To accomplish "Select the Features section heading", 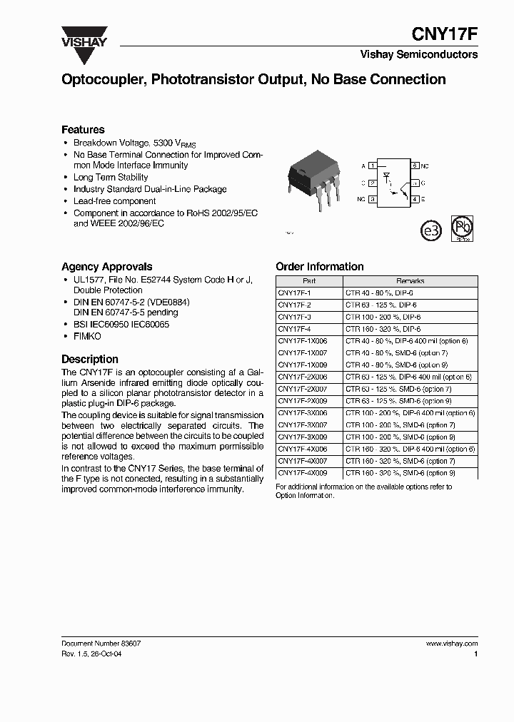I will (83, 129).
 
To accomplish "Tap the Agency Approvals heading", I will (106, 266).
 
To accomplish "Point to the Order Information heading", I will (319, 266).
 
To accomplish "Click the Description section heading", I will (89, 359).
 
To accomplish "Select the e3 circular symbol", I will (430, 232).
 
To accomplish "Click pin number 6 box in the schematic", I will (414, 166).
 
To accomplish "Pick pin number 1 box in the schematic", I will (372, 166).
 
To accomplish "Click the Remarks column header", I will (410, 281).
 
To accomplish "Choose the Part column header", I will (308, 281).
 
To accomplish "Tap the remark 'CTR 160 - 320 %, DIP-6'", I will (383, 329).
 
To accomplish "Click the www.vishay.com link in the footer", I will (451, 643).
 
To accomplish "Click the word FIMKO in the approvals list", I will (87, 336).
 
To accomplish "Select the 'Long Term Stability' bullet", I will (111, 177).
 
